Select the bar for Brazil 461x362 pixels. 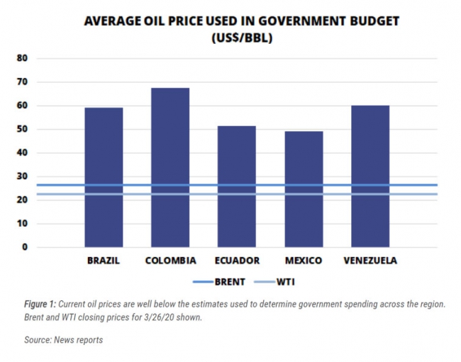[104, 177]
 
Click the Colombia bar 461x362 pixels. [170, 167]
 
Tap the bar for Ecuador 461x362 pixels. [237, 186]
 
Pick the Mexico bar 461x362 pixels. [304, 188]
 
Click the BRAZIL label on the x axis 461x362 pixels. [104, 261]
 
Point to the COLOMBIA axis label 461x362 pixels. [170, 261]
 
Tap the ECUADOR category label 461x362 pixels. [237, 261]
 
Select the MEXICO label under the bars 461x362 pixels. [304, 261]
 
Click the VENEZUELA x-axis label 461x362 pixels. [370, 261]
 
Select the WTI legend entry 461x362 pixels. [284, 282]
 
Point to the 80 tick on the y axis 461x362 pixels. [23, 59]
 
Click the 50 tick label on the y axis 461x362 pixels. [23, 130]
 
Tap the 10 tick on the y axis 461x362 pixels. [23, 224]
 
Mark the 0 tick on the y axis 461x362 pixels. [25, 247]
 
